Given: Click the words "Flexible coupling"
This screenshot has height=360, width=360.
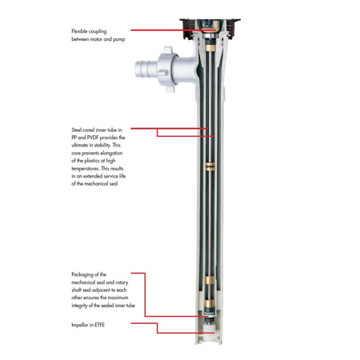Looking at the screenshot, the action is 89,31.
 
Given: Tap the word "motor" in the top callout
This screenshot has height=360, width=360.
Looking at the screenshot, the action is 98,39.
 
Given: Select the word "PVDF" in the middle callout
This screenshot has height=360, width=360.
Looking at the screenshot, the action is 93,138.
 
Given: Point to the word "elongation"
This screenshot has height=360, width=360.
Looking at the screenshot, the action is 111,153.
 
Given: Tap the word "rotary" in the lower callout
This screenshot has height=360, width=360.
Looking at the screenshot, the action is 122,282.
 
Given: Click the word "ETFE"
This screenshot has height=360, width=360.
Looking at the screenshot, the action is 99,325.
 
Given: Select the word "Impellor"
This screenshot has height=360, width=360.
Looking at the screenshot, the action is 80,325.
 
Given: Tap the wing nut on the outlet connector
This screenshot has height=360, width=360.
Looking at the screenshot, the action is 167,70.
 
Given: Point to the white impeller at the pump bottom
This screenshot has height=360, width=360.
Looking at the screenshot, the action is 210,332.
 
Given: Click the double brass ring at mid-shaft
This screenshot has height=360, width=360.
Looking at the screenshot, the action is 210,166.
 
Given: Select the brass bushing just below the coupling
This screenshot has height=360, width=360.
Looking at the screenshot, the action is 210,48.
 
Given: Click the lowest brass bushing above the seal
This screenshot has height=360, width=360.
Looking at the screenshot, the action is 209,303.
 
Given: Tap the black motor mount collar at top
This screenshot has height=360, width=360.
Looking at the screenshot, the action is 210,28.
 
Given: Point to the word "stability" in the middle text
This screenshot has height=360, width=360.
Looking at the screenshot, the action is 102,146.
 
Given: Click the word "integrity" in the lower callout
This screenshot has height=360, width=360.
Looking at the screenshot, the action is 79,306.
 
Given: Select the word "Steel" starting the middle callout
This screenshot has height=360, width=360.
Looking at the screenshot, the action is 76,130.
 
